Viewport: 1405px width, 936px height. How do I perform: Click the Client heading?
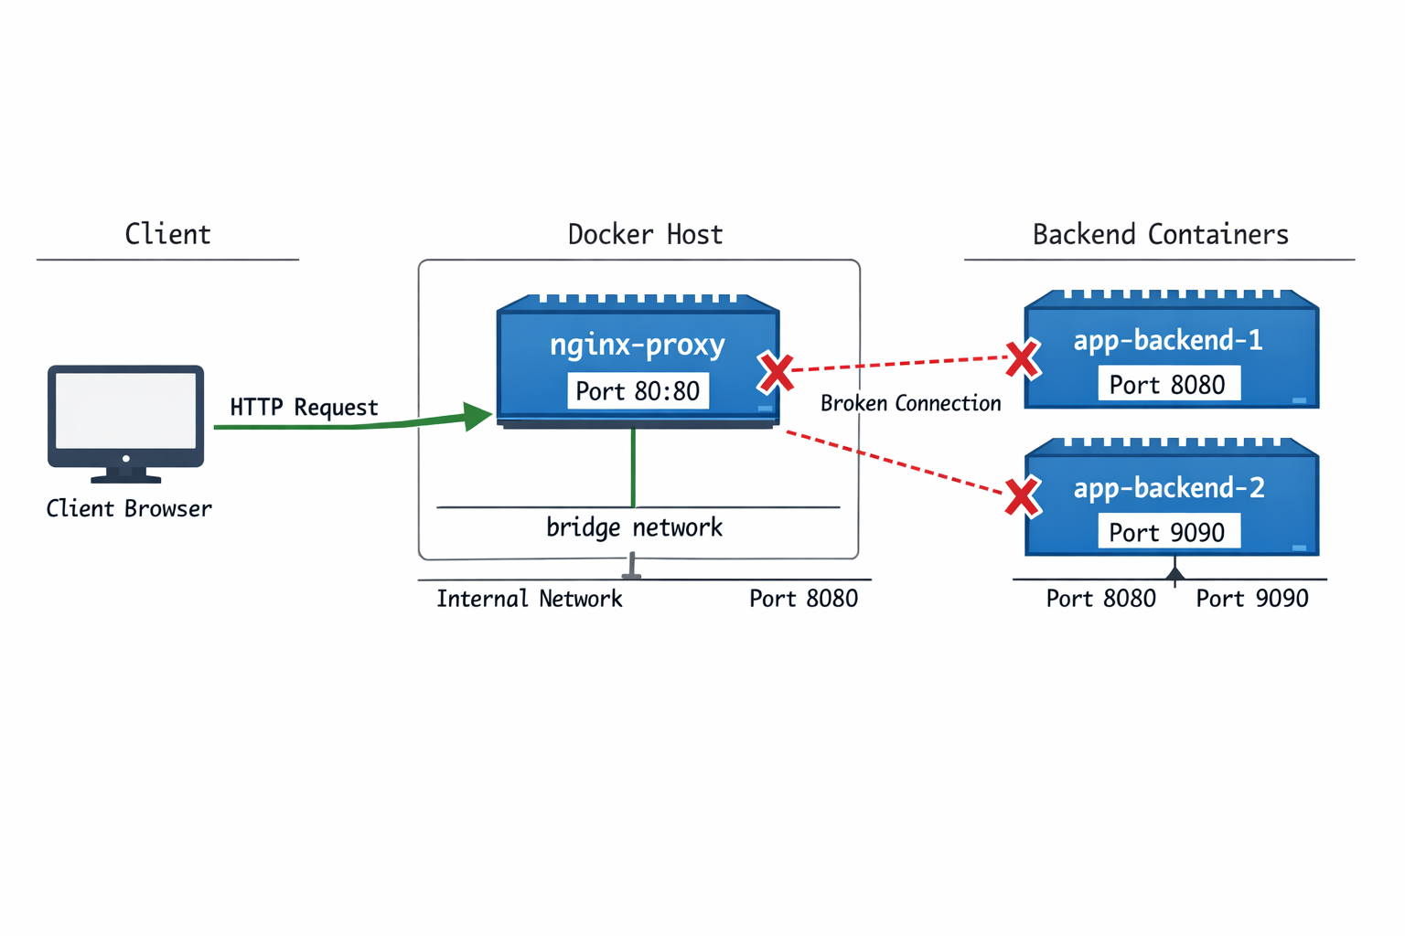(167, 234)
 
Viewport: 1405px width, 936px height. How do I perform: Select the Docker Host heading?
(645, 234)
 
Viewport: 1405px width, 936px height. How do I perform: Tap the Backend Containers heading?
(1160, 234)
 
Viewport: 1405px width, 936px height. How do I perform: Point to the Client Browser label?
(129, 508)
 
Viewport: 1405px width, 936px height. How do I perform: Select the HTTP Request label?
(304, 407)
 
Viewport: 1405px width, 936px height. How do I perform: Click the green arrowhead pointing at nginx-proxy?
(477, 416)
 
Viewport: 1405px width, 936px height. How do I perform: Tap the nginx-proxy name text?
(638, 345)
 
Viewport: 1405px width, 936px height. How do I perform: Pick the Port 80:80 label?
(638, 391)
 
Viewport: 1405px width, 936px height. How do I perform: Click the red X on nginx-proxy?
(776, 372)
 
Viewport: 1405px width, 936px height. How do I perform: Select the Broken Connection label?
(910, 403)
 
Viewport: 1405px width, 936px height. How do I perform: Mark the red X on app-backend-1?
(1022, 358)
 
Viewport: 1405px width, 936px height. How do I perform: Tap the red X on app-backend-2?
(1022, 497)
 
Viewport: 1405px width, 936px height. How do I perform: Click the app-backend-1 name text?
(1168, 340)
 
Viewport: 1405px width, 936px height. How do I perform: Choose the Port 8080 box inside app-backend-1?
(1168, 384)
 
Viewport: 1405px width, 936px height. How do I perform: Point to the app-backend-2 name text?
(1169, 488)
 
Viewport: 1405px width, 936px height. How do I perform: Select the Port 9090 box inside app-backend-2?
(1168, 532)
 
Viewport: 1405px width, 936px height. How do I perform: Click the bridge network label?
(634, 527)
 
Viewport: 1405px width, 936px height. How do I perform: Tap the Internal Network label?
(529, 599)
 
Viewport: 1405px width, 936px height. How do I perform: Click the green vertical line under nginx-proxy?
(633, 466)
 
